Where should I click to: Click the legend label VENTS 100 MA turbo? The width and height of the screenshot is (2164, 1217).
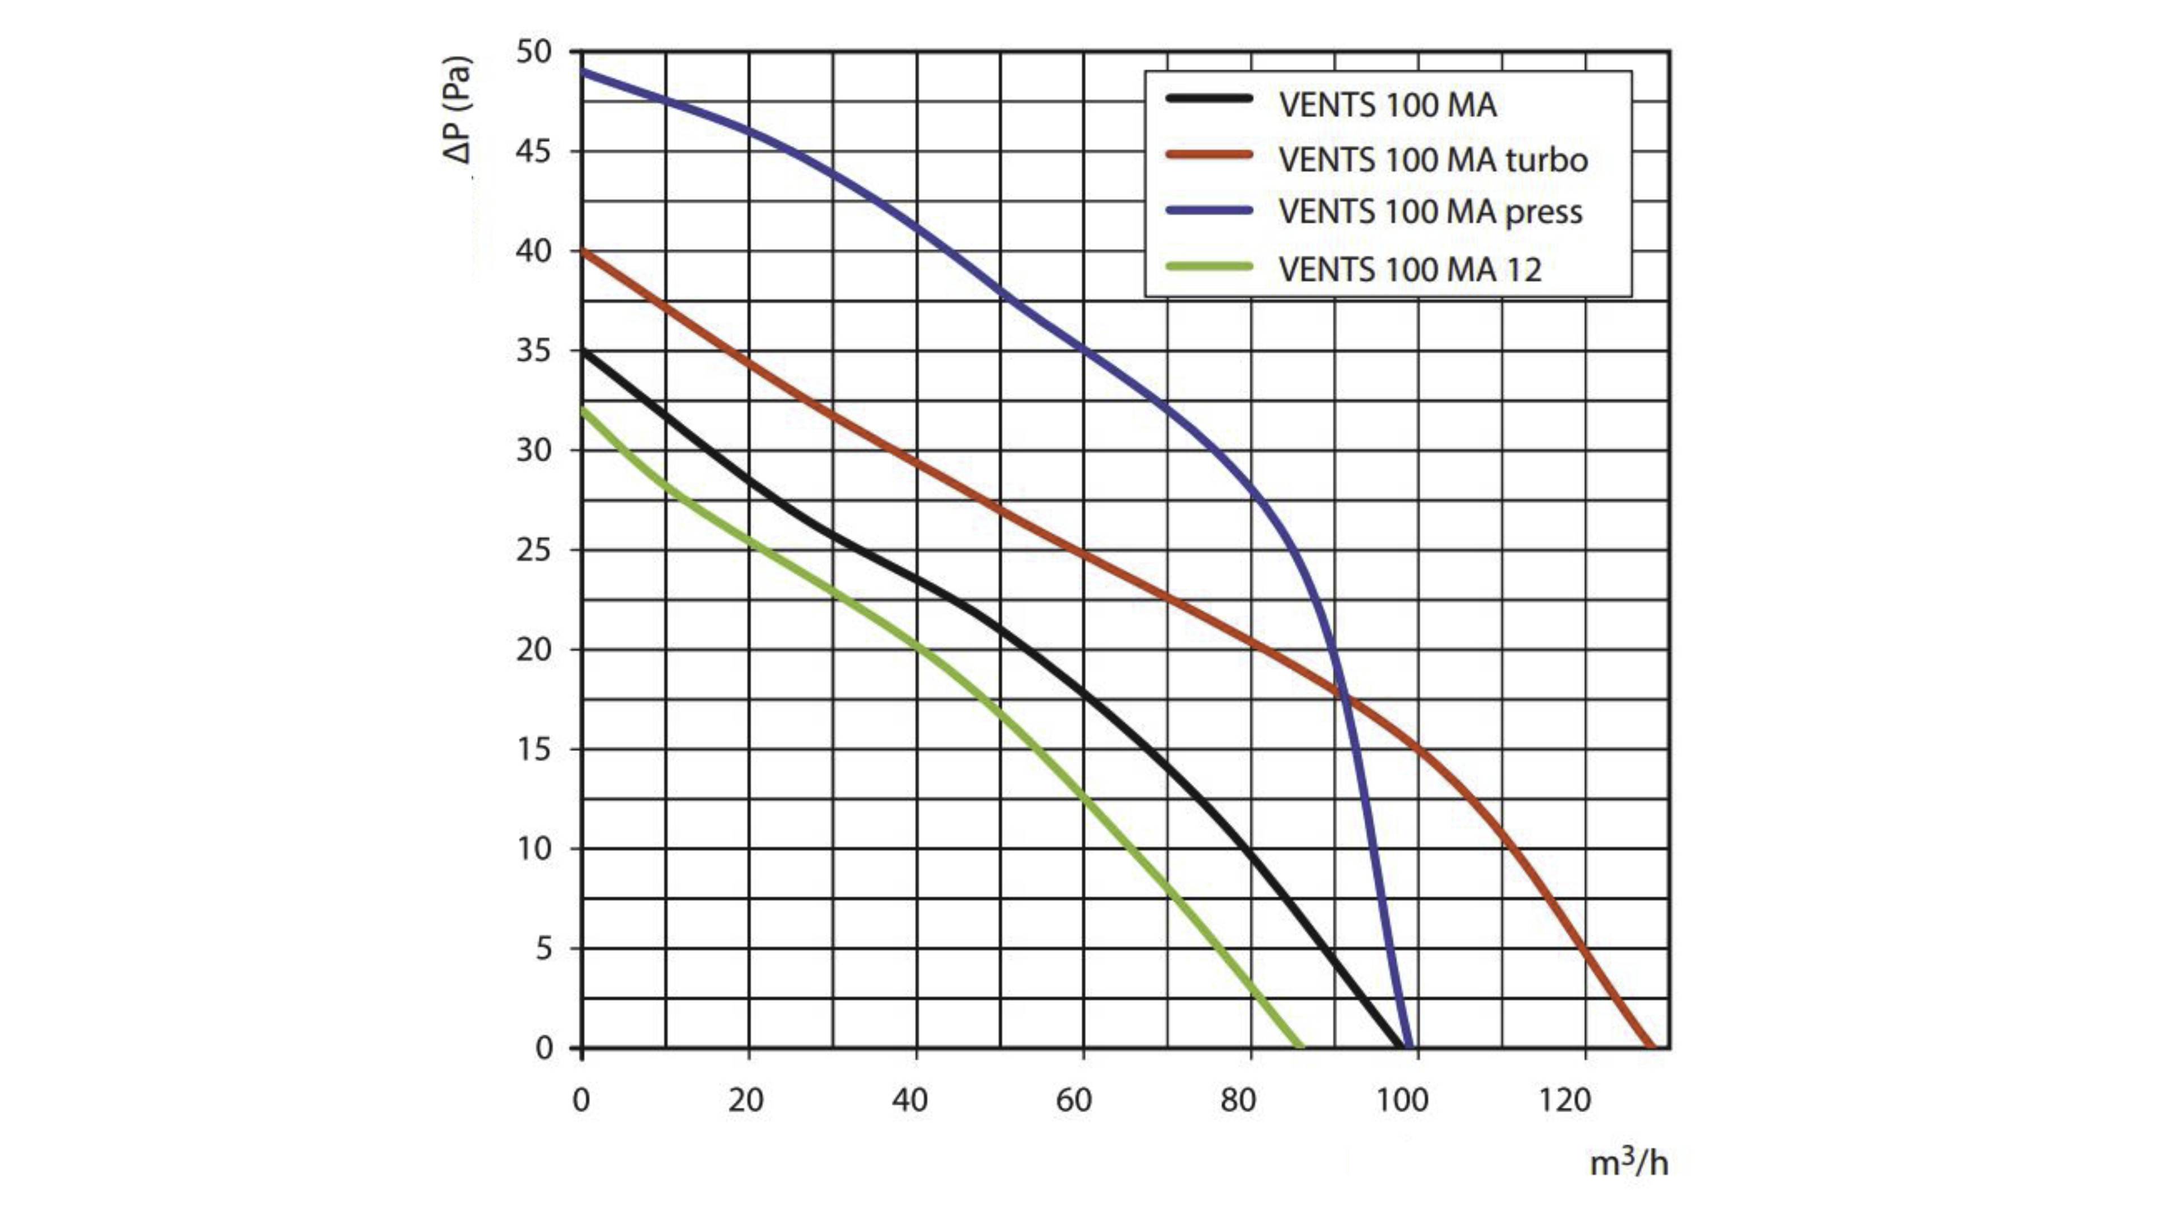[x=1433, y=159]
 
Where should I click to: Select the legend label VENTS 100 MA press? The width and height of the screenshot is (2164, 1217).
[x=1430, y=212]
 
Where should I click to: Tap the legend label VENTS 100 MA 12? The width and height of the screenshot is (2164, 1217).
[x=1409, y=270]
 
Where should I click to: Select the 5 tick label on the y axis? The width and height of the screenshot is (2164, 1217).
[x=544, y=949]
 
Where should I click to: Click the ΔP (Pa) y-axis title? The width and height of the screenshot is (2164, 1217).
[x=459, y=109]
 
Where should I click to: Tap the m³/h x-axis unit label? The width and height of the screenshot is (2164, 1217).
[x=1628, y=1162]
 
